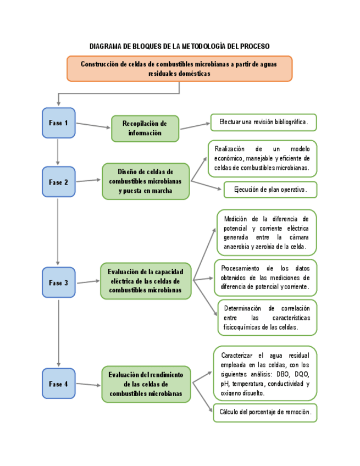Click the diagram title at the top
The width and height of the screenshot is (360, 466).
pyautogui.click(x=180, y=46)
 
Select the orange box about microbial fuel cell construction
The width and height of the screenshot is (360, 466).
pyautogui.click(x=179, y=68)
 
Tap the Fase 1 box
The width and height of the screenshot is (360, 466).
pyautogui.click(x=58, y=123)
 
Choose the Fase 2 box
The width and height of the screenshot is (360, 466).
pyautogui.click(x=58, y=182)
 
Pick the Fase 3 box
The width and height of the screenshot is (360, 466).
pyautogui.click(x=58, y=282)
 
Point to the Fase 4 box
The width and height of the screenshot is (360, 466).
pyautogui.click(x=58, y=384)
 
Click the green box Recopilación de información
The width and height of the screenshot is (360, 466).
pyautogui.click(x=145, y=129)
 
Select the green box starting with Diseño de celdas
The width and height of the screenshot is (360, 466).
pyautogui.click(x=145, y=181)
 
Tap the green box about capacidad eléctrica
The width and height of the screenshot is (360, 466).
pyautogui.click(x=145, y=281)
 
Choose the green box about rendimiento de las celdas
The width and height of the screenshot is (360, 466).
pyautogui.click(x=145, y=384)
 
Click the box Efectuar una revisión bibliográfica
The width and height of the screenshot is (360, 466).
pyautogui.click(x=263, y=121)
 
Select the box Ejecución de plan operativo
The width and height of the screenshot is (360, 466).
pyautogui.click(x=270, y=190)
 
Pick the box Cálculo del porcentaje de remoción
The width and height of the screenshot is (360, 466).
pyautogui.click(x=265, y=412)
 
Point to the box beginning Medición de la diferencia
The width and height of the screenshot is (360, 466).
pyautogui.click(x=266, y=232)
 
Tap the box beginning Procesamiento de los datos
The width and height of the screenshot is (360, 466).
pyautogui.click(x=266, y=277)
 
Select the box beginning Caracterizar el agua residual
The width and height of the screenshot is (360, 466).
pyautogui.click(x=265, y=373)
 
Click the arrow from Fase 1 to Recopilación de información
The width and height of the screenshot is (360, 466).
pyautogui.click(x=93, y=125)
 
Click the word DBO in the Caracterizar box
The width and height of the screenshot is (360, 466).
pyautogui.click(x=284, y=374)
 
